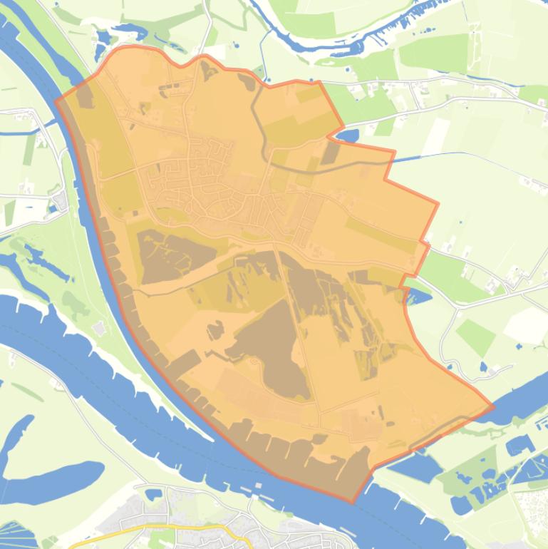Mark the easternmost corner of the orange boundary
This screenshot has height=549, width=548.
pyautogui.click(x=493, y=408)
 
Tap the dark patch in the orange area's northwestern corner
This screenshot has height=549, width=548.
pyautogui.click(x=84, y=96)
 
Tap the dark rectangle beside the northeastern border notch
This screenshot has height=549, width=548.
pyautogui.click(x=330, y=153)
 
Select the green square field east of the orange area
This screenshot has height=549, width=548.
pyautogui.click(x=475, y=335)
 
